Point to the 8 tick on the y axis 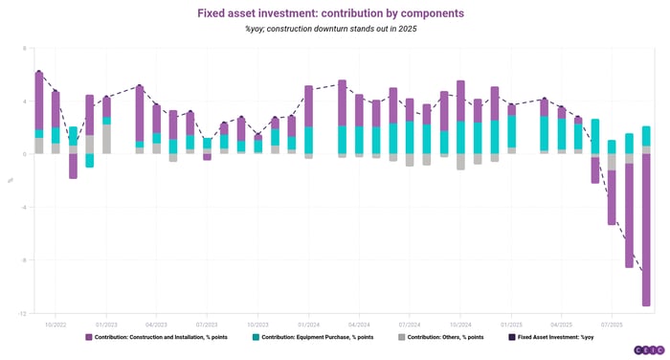26,48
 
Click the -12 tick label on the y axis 24,313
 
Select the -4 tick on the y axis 25,207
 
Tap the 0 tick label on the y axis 26,154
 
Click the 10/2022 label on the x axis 54,324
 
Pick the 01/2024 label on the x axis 307,324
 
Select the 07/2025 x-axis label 611,324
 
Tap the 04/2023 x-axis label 156,324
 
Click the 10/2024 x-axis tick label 459,324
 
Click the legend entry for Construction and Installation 164,338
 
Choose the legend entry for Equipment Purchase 322,338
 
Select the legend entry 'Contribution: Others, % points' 446,338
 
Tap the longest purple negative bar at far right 646,230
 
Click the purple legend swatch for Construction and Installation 89,338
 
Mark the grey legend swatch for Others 401,338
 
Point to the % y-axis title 11,180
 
